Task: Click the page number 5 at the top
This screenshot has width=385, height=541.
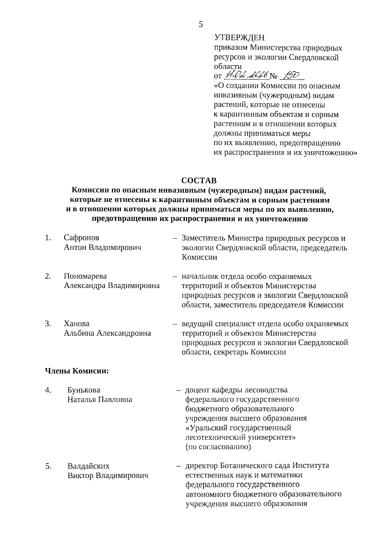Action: coord(201,25)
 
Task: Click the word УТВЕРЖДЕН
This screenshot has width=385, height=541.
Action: coord(239,38)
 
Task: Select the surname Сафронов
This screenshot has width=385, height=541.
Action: coord(81,238)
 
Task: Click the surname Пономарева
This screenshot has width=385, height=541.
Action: coord(85,276)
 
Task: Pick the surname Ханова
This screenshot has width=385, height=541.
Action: coord(77,323)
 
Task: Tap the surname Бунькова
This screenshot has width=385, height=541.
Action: coord(84,390)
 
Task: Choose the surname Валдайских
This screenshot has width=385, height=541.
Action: coord(89,466)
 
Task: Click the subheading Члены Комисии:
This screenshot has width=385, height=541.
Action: coord(77,371)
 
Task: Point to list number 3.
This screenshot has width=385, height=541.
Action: coord(48,323)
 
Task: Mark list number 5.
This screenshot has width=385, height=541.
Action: coord(48,466)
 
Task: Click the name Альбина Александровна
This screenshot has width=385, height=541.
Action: coord(107,333)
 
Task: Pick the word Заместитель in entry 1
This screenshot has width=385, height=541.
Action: coord(203,238)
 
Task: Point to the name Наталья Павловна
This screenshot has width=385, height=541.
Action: coord(100,400)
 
